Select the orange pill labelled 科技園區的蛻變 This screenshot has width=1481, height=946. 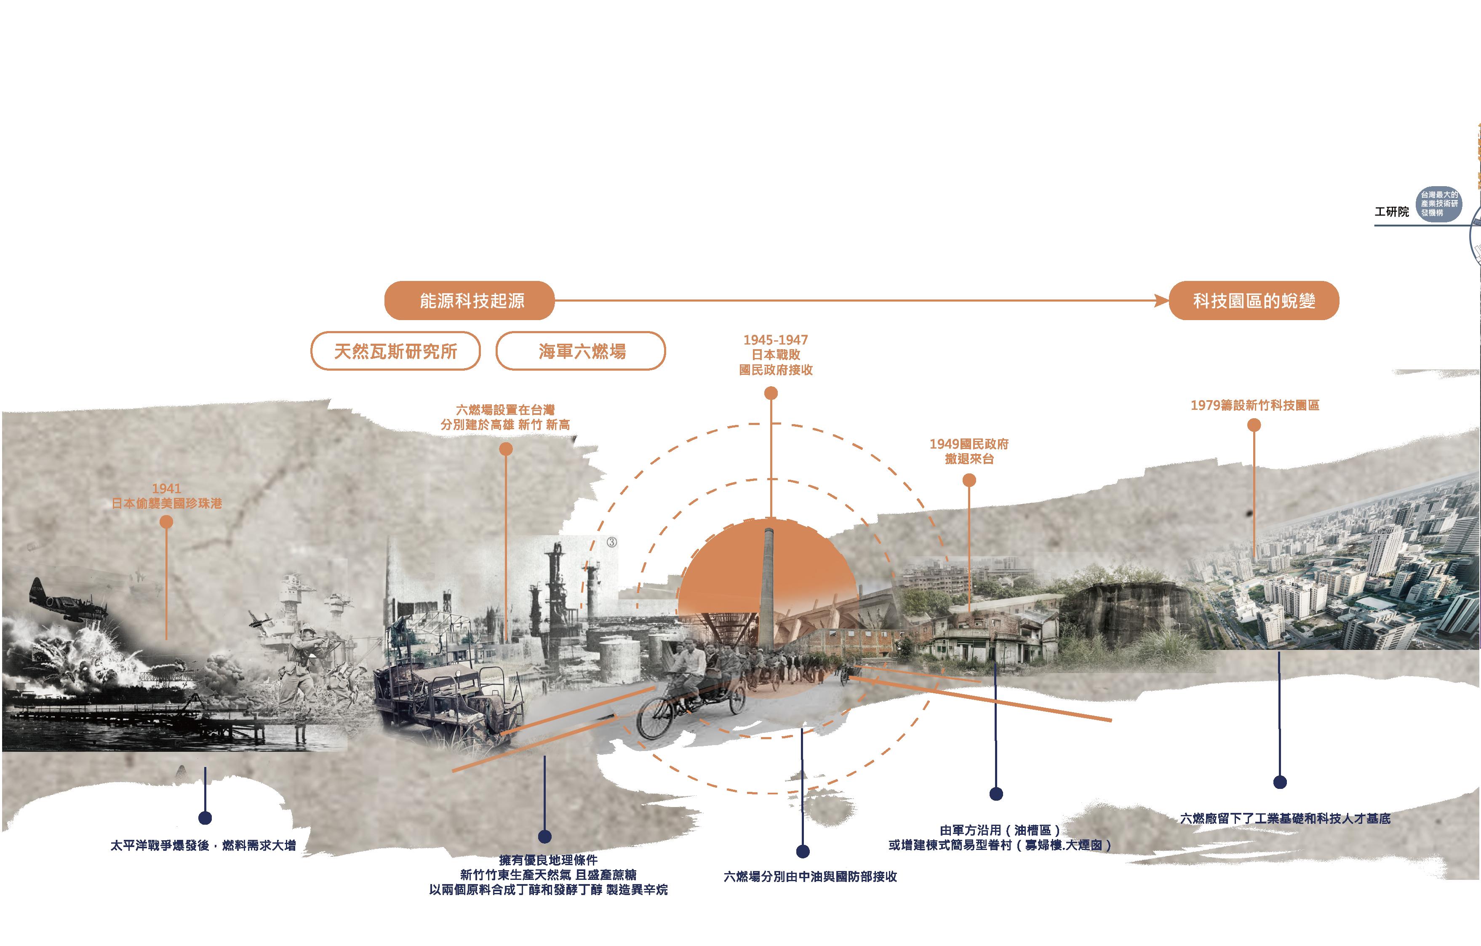pyautogui.click(x=1254, y=301)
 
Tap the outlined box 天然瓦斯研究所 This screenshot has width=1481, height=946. pyautogui.click(x=395, y=351)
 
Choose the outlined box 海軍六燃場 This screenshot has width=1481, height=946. pyautogui.click(x=581, y=351)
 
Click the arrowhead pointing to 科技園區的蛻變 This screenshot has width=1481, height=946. pyautogui.click(x=1162, y=301)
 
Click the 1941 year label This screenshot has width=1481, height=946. pyautogui.click(x=166, y=489)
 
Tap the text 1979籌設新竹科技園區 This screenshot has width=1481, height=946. pyautogui.click(x=1255, y=405)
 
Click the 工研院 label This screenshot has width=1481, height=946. pyautogui.click(x=1391, y=211)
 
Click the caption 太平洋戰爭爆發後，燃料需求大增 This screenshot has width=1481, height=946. pyautogui.click(x=203, y=846)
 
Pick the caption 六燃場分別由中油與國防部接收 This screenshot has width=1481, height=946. pyautogui.click(x=810, y=877)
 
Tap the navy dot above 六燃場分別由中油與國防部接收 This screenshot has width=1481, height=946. pyautogui.click(x=803, y=851)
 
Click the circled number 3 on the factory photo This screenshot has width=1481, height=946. pyautogui.click(x=611, y=542)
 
